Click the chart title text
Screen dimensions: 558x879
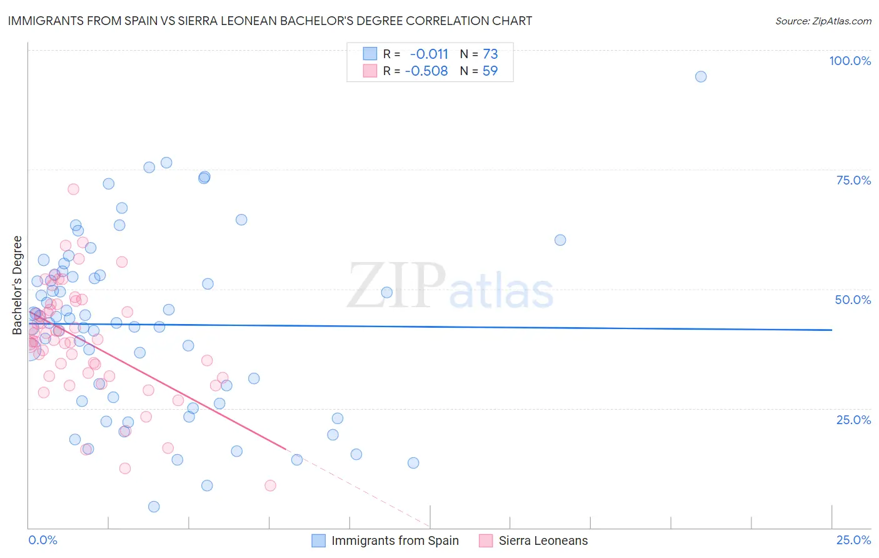[269, 21]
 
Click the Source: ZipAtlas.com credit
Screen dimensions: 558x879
[823, 21]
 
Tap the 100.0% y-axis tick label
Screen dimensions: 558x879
[850, 61]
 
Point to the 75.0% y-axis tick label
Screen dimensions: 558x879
[853, 180]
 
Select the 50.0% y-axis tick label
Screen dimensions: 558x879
[853, 300]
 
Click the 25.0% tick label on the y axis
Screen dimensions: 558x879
[853, 420]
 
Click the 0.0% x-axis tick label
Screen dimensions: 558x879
[43, 540]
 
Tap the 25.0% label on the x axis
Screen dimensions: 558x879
[853, 540]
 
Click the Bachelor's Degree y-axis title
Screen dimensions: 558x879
[18, 285]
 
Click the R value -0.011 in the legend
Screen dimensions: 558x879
[429, 54]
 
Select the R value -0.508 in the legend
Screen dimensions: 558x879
[426, 71]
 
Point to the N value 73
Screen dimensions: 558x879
[490, 54]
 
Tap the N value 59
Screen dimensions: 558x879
[490, 71]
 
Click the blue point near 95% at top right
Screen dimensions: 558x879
[701, 76]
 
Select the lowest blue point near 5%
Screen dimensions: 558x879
[154, 507]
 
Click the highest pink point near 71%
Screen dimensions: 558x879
[73, 189]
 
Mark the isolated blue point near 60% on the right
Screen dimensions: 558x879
[560, 240]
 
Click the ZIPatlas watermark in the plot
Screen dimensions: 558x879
[450, 287]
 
